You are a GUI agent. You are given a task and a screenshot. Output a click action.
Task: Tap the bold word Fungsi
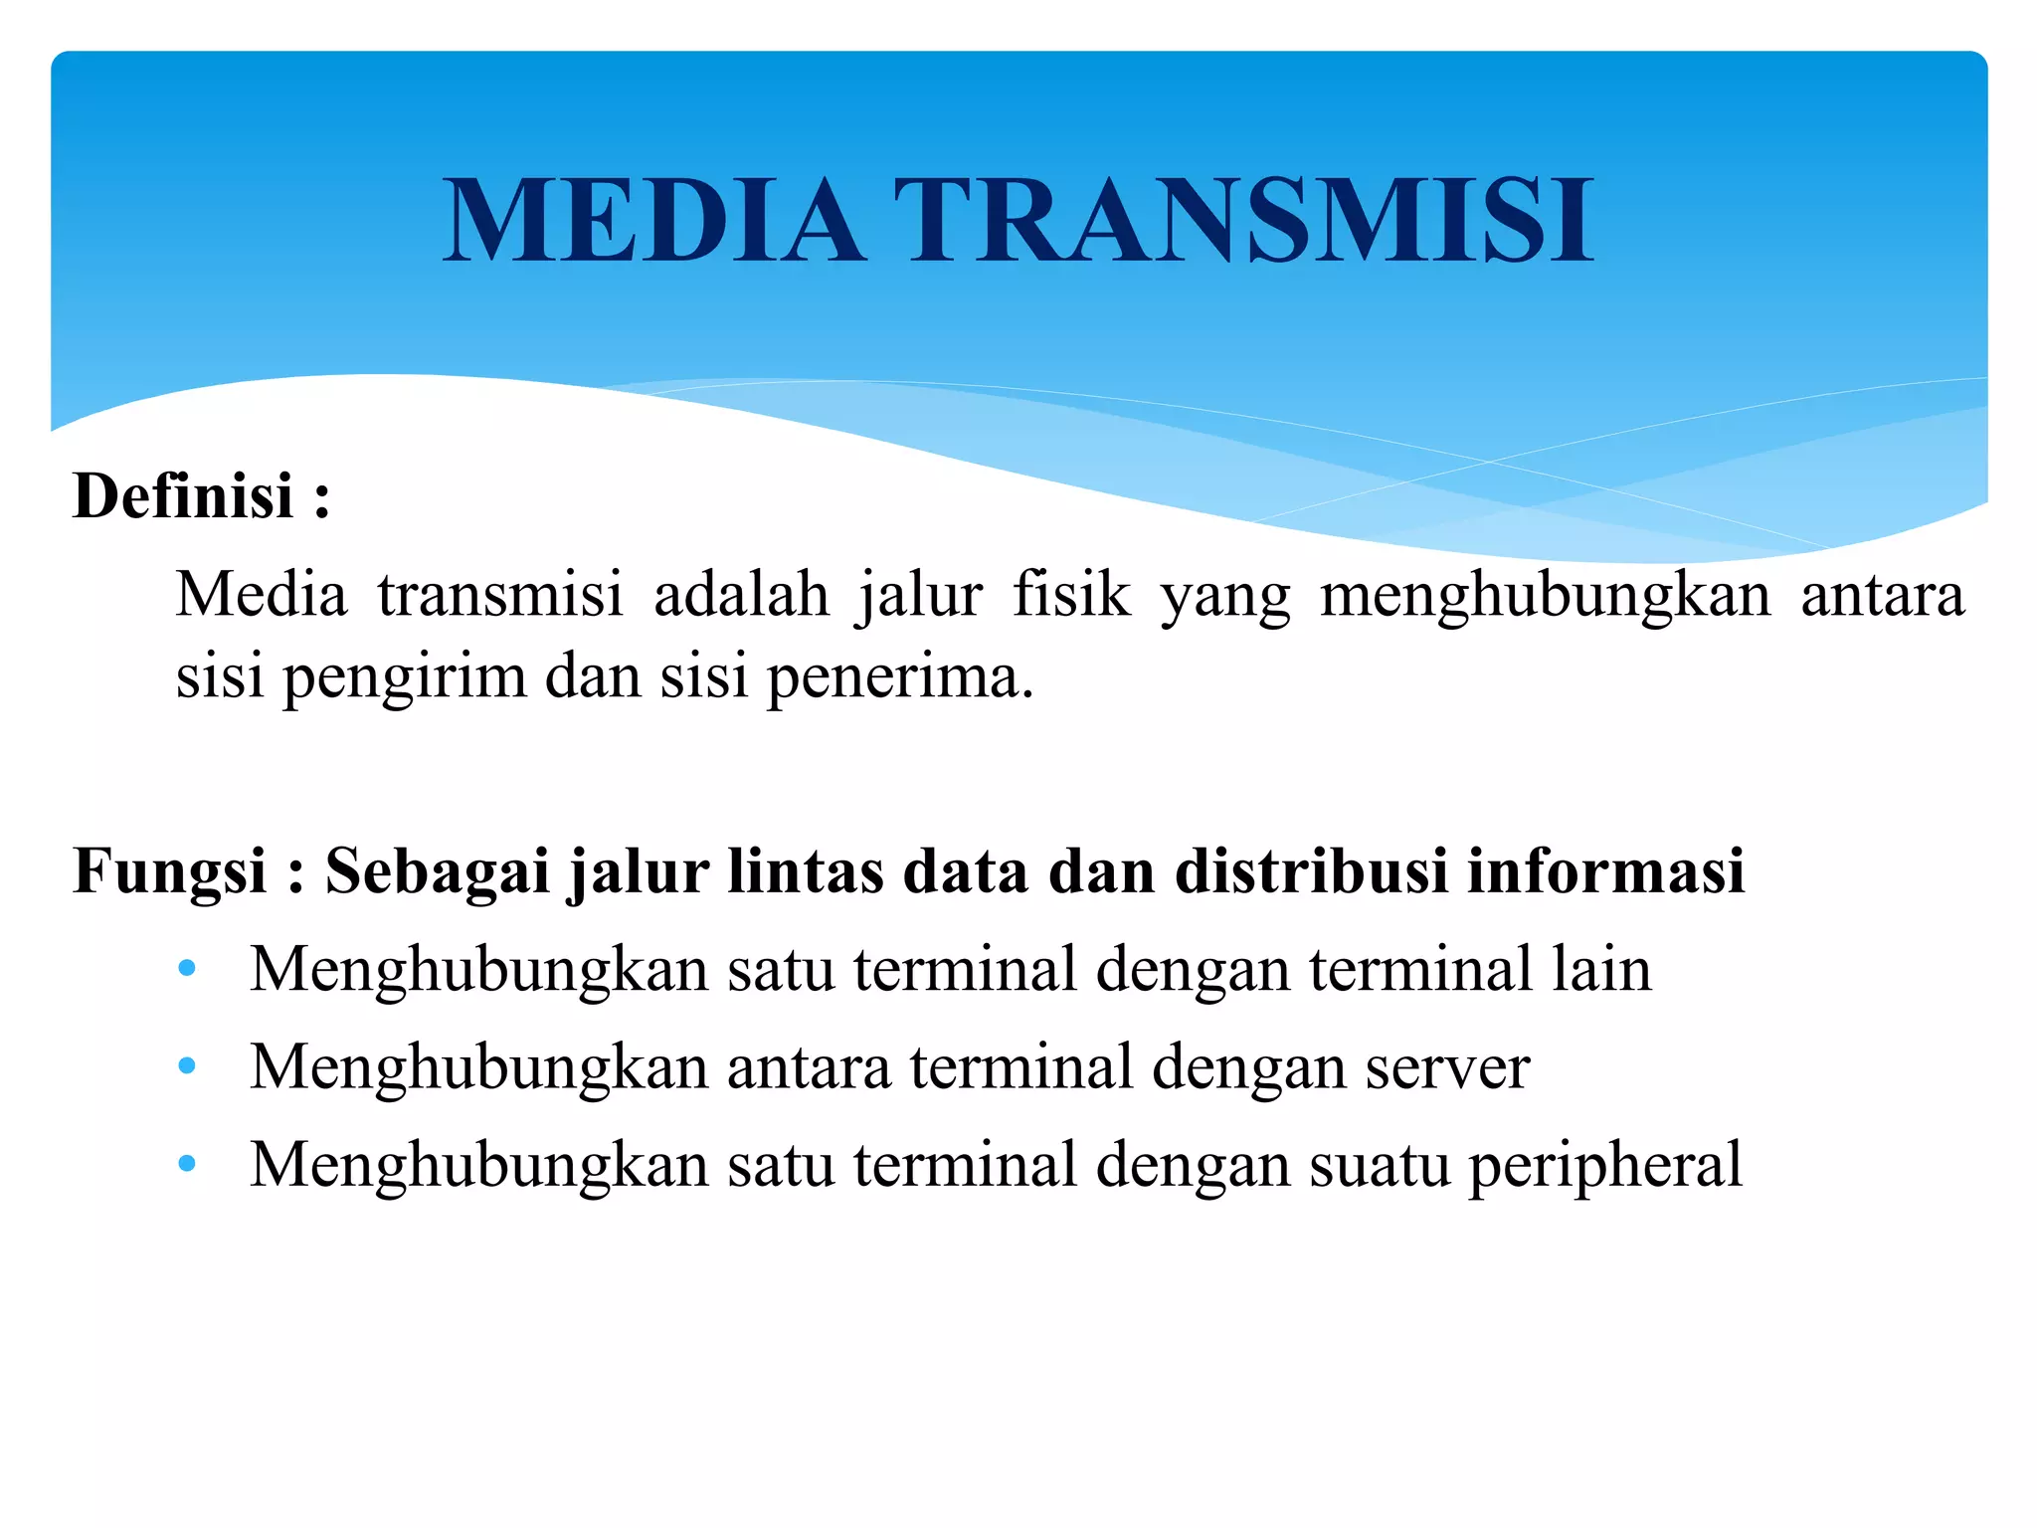(x=170, y=870)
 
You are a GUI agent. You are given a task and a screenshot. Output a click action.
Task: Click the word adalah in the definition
(x=741, y=595)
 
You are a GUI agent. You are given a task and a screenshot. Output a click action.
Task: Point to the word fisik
(x=1071, y=595)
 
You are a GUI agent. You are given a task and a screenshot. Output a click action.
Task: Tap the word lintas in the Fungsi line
(x=805, y=870)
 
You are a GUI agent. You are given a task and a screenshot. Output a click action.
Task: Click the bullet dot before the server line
(x=187, y=1066)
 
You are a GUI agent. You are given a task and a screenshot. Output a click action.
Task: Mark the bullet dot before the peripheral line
(x=187, y=1164)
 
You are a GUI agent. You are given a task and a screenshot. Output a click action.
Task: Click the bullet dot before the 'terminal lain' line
(x=187, y=968)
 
